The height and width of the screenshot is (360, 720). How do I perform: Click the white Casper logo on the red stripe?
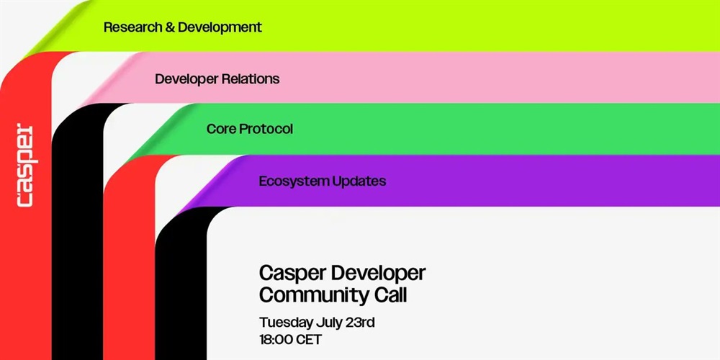click(24, 165)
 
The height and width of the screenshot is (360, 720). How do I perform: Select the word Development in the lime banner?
click(220, 27)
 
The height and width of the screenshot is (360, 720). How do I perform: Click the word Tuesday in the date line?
click(286, 323)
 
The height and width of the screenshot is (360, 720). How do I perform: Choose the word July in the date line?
click(328, 323)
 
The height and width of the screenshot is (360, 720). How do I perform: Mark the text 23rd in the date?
click(359, 323)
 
